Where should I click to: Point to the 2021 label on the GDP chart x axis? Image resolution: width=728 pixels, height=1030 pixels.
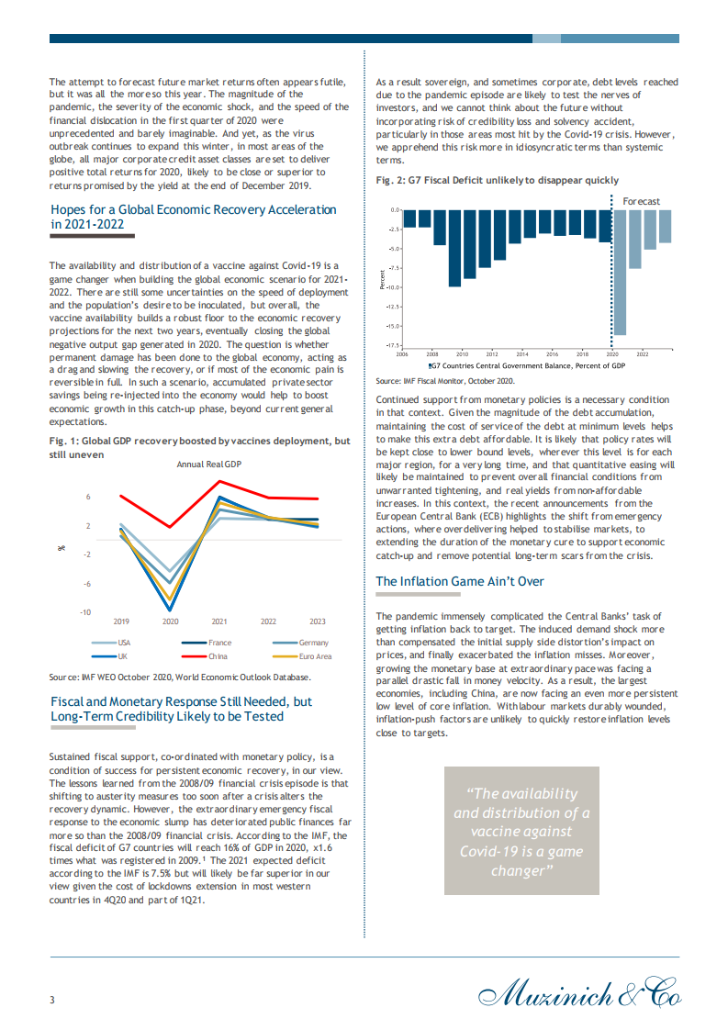(x=219, y=621)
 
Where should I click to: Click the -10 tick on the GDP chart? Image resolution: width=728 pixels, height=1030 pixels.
(x=84, y=611)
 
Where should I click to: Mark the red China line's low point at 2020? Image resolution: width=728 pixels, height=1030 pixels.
(x=170, y=527)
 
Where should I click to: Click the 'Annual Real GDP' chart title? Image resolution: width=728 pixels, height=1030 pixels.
(x=208, y=465)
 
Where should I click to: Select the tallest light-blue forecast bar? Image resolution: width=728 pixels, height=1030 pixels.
(x=620, y=272)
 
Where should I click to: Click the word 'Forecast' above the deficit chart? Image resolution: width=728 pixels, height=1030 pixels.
(x=641, y=201)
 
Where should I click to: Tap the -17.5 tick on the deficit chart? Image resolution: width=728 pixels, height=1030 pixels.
(x=393, y=344)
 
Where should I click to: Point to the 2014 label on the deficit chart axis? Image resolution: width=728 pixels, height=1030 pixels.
(x=521, y=353)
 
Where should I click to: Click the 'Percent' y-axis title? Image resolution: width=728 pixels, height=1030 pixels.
(x=383, y=278)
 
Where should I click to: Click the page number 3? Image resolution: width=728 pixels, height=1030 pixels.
(x=52, y=998)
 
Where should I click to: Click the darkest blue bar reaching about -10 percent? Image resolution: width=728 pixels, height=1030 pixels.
(x=454, y=248)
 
